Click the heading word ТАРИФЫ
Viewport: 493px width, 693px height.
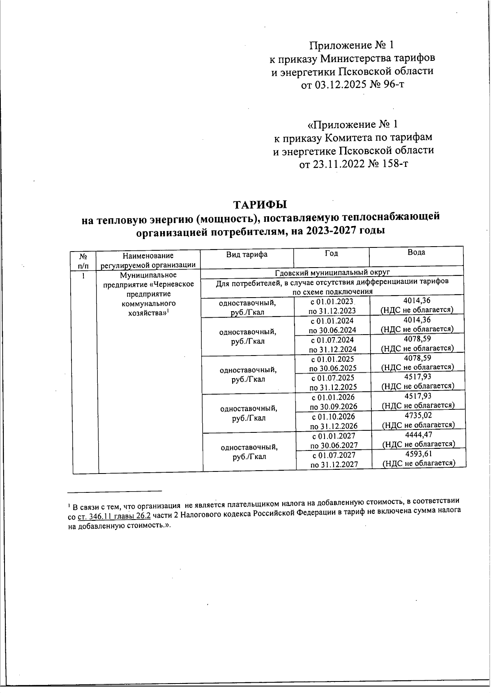[260, 204]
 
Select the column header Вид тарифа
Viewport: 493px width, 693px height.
[247, 254]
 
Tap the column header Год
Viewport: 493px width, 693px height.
[331, 254]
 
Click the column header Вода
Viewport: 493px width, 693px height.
[416, 252]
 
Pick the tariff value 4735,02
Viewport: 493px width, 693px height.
[418, 416]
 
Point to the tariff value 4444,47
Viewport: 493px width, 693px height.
[418, 435]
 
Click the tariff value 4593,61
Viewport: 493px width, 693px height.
[419, 454]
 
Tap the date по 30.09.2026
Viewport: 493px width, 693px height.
[333, 407]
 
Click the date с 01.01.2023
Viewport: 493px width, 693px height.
[332, 302]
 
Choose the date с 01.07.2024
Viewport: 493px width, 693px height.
[332, 340]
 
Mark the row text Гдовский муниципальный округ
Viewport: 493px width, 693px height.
[332, 273]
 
